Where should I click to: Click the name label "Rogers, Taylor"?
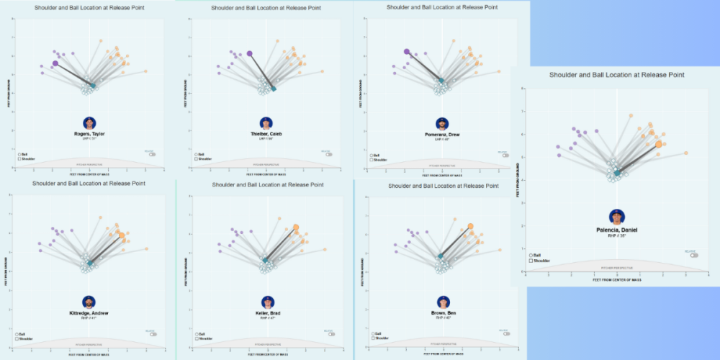[89, 134]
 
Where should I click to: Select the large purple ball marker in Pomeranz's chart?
[407, 52]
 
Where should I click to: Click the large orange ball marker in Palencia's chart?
[659, 144]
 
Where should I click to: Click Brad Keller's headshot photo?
[267, 302]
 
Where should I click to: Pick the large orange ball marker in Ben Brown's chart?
[470, 226]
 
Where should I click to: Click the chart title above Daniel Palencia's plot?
[616, 74]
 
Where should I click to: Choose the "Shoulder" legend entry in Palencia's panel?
[541, 260]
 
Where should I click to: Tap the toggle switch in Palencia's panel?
[693, 255]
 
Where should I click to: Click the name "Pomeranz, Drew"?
[441, 134]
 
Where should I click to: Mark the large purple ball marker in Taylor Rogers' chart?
[55, 63]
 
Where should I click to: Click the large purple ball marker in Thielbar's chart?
[249, 53]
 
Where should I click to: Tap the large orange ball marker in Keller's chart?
[296, 228]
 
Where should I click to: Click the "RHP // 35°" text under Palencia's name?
[616, 235]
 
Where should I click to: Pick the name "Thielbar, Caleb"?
[266, 135]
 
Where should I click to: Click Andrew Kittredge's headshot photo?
[88, 302]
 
